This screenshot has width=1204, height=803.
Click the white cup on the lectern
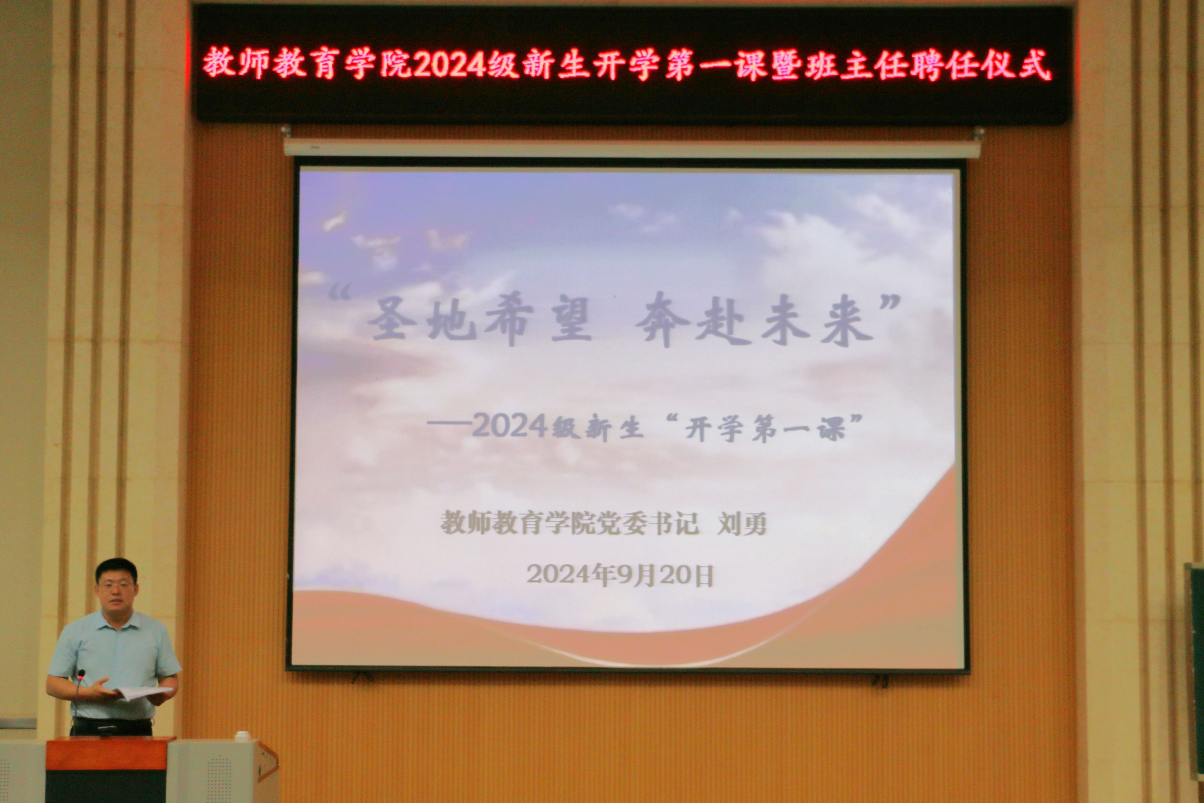pos(242,736)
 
